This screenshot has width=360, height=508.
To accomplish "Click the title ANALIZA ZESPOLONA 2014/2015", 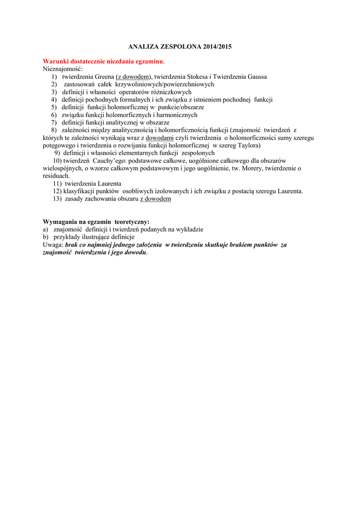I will (x=180, y=47).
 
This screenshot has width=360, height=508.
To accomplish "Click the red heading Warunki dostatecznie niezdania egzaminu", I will (x=103, y=61).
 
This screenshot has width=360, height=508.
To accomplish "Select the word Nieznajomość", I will (x=63, y=69).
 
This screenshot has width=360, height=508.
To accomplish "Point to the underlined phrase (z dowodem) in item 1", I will (x=134, y=77).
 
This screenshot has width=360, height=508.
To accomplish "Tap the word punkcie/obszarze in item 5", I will (x=181, y=107).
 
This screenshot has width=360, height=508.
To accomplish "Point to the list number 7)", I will (x=54, y=123).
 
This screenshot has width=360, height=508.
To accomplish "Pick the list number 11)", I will (x=58, y=184).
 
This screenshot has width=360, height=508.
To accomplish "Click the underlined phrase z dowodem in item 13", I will (x=155, y=199).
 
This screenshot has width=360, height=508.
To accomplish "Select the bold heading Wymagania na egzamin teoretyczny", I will (x=96, y=222).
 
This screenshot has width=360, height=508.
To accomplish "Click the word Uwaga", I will (x=53, y=245).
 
